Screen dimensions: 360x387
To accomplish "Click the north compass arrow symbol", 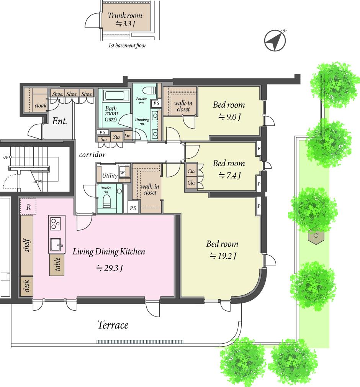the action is coord(275,41).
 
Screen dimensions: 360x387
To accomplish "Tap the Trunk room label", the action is coord(125,16).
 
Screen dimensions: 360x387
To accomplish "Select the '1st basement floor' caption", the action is coord(127,46).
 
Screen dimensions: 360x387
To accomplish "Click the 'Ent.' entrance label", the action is coord(60,121).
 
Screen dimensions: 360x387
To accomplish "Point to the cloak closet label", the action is coord(41,105).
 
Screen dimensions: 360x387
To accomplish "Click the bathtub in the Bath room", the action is coord(114,95).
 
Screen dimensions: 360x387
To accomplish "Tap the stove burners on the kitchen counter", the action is coord(56,223).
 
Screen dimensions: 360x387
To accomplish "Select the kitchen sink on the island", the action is coord(57,245).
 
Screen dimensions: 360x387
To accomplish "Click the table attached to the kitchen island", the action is coord(57,265).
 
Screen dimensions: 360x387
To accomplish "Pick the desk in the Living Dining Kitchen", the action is coord(27,286).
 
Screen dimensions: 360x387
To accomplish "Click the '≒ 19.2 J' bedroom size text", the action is coord(223,256).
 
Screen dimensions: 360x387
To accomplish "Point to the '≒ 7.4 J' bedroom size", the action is coord(229,175).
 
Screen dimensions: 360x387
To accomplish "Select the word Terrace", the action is coord(113,325).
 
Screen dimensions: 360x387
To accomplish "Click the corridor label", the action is coord(92,155).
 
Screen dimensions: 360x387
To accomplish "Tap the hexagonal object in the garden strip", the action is coord(316,236).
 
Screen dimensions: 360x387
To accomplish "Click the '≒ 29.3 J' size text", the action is coord(110,268).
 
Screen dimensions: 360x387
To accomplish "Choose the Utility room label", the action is coord(110,176).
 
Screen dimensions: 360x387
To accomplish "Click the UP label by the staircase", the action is coord(6,157).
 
